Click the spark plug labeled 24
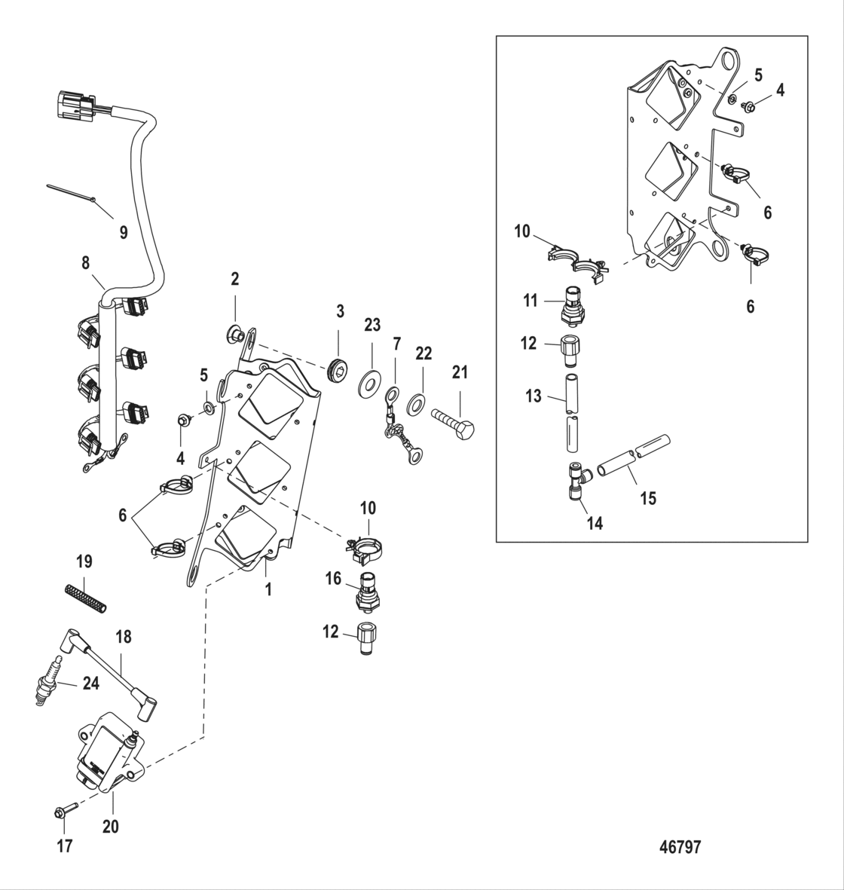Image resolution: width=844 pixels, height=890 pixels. (46, 680)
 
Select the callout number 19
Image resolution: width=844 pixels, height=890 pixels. (84, 561)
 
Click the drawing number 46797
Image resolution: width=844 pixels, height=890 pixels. (680, 847)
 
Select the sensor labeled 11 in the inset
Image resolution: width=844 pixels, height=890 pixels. (575, 304)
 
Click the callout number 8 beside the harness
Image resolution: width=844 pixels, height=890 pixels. (85, 264)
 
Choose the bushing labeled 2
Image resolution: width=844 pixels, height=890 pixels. (235, 331)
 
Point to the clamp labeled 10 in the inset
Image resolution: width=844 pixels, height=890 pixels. (576, 261)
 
